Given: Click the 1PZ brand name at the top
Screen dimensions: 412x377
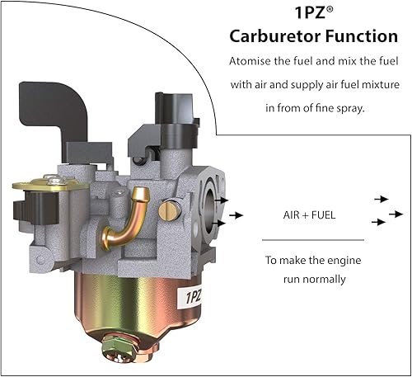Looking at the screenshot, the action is point(311,12).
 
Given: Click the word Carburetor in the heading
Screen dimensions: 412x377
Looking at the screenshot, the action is point(275,36).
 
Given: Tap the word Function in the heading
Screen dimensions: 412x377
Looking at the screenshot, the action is point(362,36).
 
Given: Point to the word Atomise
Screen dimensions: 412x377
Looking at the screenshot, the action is point(250,61).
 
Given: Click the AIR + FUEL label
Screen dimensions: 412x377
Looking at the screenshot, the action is point(309,214).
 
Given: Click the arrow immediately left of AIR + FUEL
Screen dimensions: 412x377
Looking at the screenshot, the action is point(236,214).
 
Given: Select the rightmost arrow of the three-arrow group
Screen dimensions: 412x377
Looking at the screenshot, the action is point(396,214).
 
